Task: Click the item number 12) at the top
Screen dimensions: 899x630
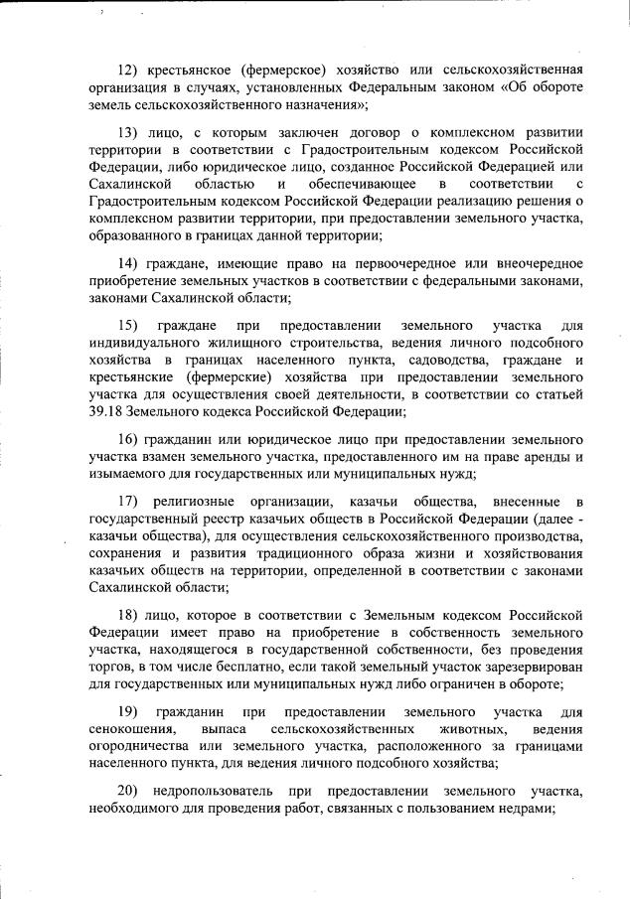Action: (x=128, y=69)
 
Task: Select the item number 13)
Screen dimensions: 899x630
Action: (x=128, y=131)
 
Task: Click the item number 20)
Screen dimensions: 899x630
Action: (x=128, y=790)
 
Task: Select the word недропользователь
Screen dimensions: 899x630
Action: (x=209, y=790)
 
